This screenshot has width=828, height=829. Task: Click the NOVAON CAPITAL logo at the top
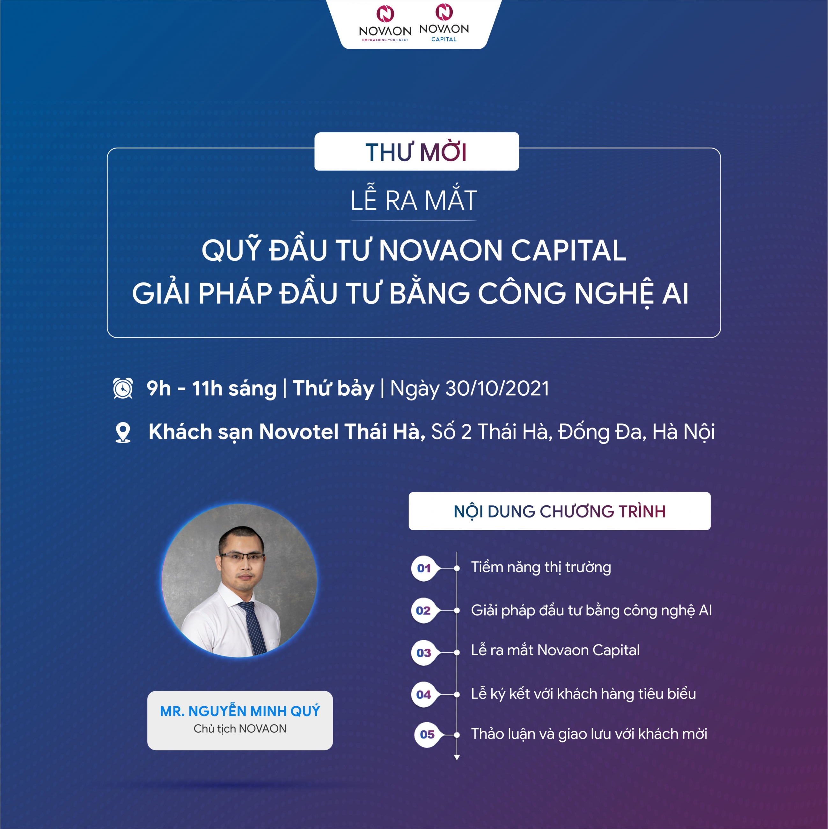pos(444,23)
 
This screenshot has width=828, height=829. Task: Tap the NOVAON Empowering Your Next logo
pos(385,24)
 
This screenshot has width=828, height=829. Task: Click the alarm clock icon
pos(123,388)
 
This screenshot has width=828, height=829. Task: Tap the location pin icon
pos(123,433)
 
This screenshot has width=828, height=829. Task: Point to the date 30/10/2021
pos(497,388)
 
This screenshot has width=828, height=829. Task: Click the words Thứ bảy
pos(333,388)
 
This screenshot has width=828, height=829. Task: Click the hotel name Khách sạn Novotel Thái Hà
pos(287,432)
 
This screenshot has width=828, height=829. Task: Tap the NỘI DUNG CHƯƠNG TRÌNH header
pos(560,511)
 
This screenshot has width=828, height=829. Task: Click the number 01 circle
pos(423,568)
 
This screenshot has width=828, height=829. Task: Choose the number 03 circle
pos(423,653)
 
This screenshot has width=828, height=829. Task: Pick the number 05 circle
pos(427,734)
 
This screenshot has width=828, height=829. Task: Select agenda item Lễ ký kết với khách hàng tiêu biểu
pos(583,694)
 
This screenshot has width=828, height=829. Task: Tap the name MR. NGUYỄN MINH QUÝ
pos(240,711)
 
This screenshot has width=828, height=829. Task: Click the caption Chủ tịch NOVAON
pos(240,729)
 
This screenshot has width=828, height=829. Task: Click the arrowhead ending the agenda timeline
pos(457,757)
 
